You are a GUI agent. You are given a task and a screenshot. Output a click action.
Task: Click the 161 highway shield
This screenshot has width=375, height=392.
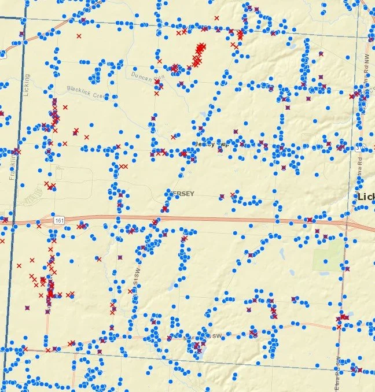(x=60, y=220)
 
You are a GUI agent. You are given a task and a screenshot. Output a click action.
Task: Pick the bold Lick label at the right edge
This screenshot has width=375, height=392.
(x=366, y=197)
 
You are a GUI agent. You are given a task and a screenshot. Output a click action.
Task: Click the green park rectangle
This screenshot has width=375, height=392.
(x=328, y=255)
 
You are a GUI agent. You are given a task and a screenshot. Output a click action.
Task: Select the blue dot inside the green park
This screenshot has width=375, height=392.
(x=325, y=261)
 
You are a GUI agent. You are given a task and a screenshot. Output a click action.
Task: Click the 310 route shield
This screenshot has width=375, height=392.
(x=359, y=148)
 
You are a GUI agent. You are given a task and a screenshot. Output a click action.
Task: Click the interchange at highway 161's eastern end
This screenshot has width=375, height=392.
(x=351, y=223)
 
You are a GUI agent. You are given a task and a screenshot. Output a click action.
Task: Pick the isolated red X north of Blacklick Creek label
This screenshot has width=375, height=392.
(x=79, y=36)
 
